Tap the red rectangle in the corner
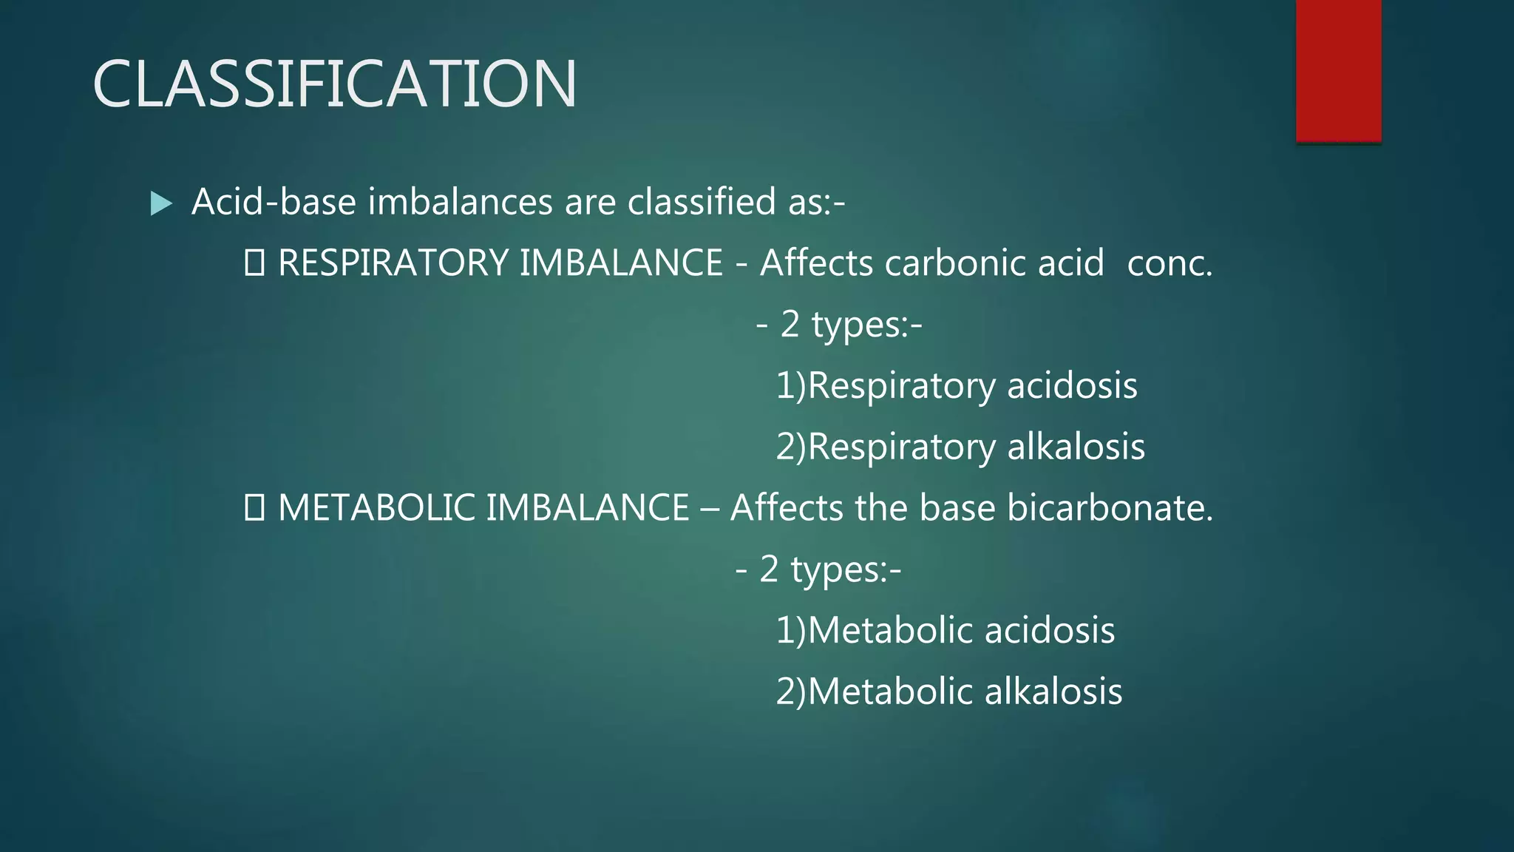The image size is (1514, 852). (1338, 70)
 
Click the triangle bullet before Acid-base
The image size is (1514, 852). (160, 203)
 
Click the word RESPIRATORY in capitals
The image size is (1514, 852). (393, 263)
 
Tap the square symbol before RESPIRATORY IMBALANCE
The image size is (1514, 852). (254, 263)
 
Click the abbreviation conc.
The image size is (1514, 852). (1170, 263)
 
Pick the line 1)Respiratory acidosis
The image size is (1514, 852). (956, 386)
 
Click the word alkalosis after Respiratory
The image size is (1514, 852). (1076, 447)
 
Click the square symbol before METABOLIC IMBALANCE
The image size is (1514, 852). (254, 508)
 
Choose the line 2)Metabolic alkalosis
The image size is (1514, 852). (948, 692)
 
